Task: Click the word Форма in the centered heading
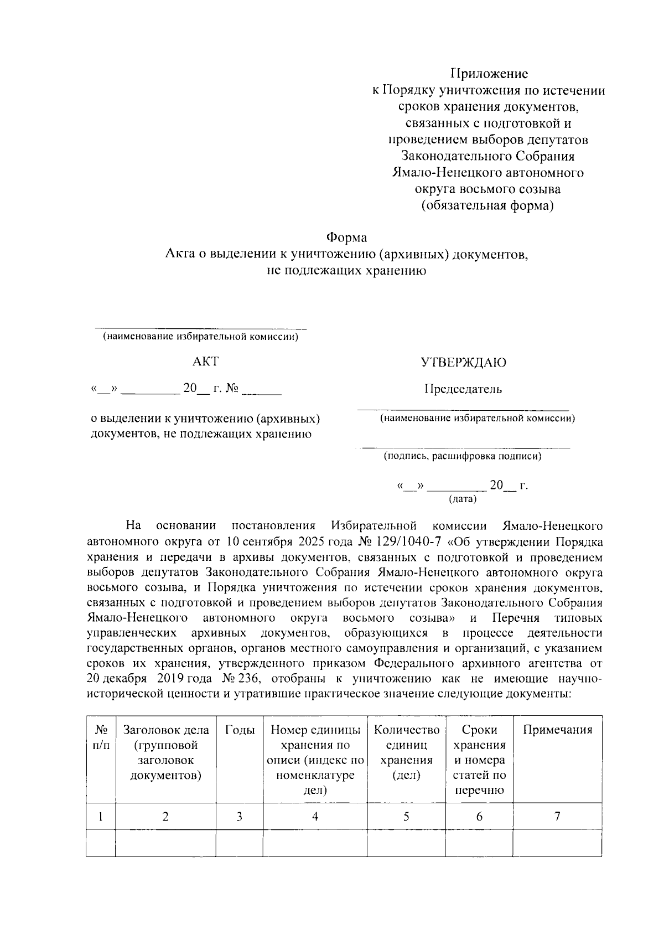click(x=346, y=238)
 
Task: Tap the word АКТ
click(x=205, y=362)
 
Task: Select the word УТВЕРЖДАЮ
click(x=464, y=363)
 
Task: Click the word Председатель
click(x=464, y=389)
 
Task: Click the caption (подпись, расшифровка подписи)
click(x=463, y=456)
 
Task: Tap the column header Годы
click(x=240, y=730)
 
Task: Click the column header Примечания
click(x=557, y=730)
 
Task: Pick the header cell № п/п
click(x=101, y=737)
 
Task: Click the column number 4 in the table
click(x=315, y=816)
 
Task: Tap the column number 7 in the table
click(x=557, y=816)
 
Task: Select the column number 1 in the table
click(x=101, y=816)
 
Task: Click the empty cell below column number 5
click(x=406, y=843)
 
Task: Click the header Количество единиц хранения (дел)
click(x=406, y=752)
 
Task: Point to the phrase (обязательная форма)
click(x=487, y=206)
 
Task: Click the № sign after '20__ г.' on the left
click(x=232, y=389)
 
